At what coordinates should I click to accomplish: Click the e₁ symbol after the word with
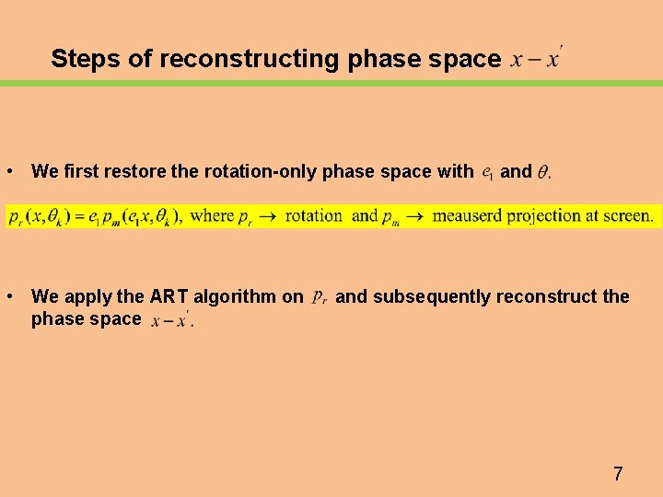pos(487,172)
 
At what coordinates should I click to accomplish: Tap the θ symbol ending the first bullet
pos(543,172)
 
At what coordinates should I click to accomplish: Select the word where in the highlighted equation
pos(213,216)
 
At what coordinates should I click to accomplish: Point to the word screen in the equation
pos(627,216)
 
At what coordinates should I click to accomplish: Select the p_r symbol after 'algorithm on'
pos(319,297)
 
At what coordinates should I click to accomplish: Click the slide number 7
pos(618,474)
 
